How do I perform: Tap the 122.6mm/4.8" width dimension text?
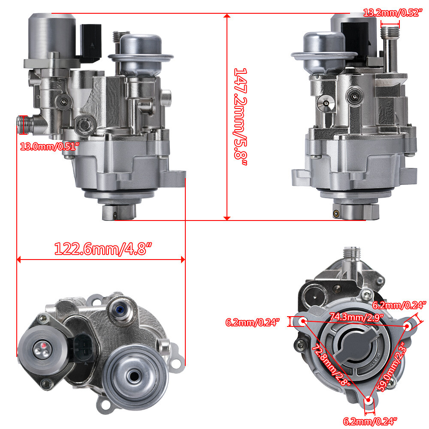pyautogui.click(x=103, y=248)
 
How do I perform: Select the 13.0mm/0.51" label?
pyautogui.click(x=50, y=146)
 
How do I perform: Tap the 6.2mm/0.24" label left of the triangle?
pyautogui.click(x=253, y=322)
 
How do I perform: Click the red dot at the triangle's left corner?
pyautogui.click(x=302, y=321)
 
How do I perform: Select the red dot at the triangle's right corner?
pyautogui.click(x=408, y=326)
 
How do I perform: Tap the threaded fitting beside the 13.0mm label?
pyautogui.click(x=23, y=124)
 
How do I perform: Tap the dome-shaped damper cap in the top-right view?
pyautogui.click(x=324, y=45)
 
